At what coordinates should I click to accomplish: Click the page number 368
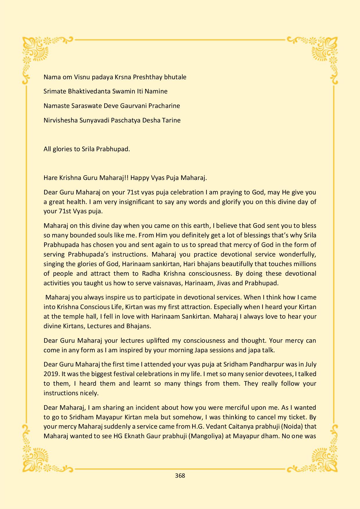coord(180,476)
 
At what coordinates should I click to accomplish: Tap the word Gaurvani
coord(133,106)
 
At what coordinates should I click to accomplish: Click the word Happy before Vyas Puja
coord(140,178)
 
